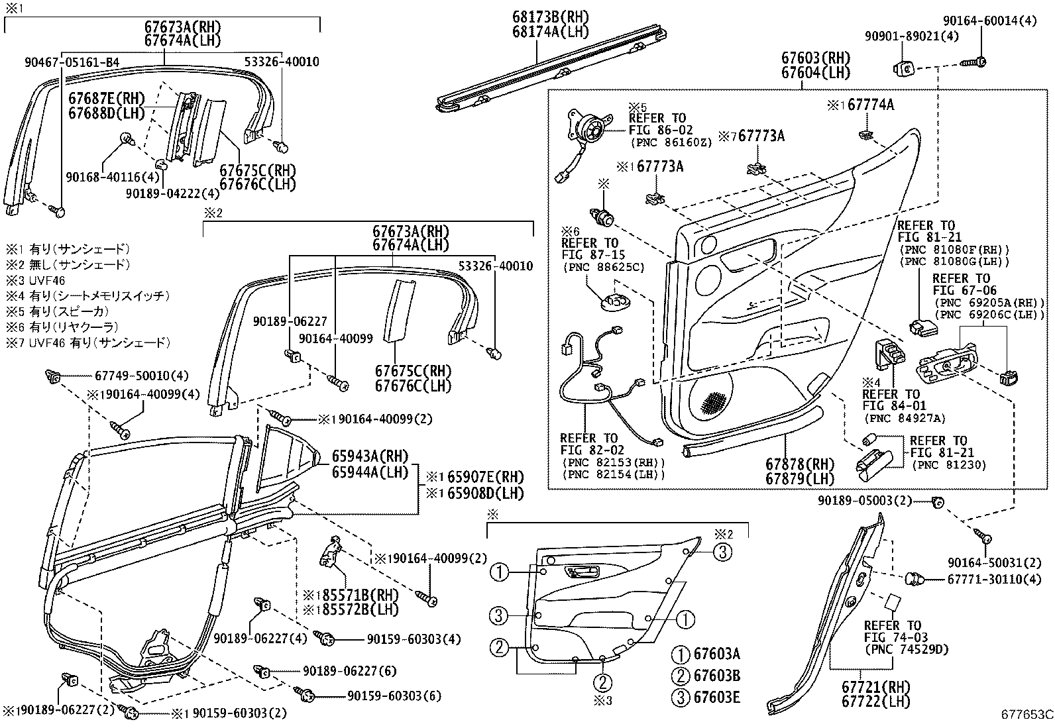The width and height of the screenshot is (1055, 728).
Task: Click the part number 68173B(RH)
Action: pyautogui.click(x=549, y=17)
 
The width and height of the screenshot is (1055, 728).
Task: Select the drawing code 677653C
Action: pyautogui.click(x=1027, y=715)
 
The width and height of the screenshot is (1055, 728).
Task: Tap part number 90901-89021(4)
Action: pyautogui.click(x=912, y=36)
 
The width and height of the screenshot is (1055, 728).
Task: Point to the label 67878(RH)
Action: pyautogui.click(x=800, y=464)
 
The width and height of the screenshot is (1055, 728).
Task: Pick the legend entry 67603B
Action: pyautogui.click(x=716, y=676)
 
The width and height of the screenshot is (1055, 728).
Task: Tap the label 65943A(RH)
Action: pyautogui.click(x=370, y=456)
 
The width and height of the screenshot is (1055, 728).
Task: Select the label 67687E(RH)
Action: pyautogui.click(x=106, y=98)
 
